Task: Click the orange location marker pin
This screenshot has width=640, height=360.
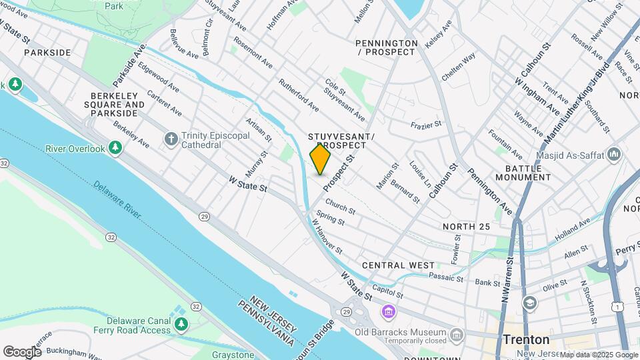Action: [x=320, y=159]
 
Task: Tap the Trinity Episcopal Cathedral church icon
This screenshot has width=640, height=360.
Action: [x=171, y=139]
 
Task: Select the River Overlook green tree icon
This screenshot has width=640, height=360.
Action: [x=115, y=147]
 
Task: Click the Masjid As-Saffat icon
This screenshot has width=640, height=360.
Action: [x=614, y=155]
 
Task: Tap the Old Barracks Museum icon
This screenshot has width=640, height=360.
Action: [x=456, y=333]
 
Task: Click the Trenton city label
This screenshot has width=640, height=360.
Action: [x=526, y=339]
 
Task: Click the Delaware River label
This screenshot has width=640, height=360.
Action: [x=117, y=199]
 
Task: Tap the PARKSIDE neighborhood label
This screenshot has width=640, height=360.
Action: [x=47, y=52]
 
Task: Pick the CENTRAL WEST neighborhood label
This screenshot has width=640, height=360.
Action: [x=398, y=265]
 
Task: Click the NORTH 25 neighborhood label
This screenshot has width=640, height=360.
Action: [x=467, y=227]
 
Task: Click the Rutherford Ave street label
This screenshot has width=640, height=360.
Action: [x=298, y=95]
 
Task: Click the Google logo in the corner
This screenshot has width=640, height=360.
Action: [x=22, y=351]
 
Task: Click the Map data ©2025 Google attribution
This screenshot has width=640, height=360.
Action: [x=598, y=355]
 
